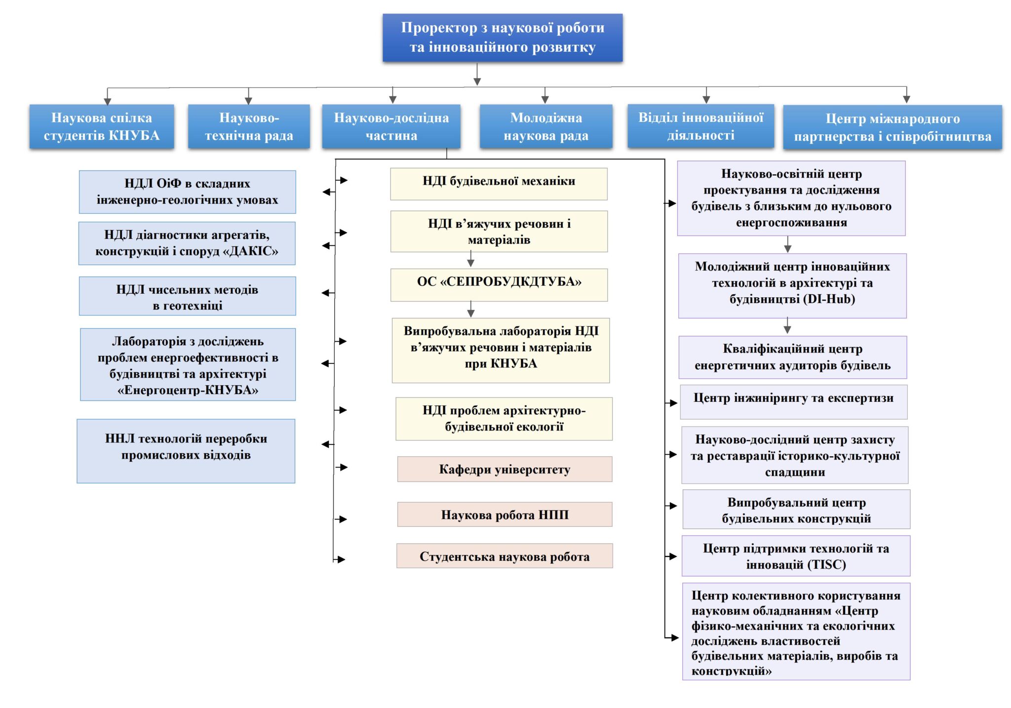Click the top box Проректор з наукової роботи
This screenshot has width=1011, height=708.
pos(502,38)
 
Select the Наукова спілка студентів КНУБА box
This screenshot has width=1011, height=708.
pos(102,126)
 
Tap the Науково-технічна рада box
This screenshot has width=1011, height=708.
pos(249,126)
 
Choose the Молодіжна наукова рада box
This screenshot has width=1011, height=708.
pos(546,126)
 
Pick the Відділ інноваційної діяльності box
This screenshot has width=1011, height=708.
pos(700,126)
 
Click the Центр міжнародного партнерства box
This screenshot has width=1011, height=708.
pos(893,127)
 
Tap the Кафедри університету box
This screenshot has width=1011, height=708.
pos(505,469)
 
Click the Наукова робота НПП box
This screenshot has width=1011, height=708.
pos(505,514)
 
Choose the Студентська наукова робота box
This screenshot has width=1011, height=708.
pos(505,556)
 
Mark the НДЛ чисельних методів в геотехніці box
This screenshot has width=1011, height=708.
pos(187,296)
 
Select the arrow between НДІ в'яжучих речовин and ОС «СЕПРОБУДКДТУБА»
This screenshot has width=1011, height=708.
pos(471,259)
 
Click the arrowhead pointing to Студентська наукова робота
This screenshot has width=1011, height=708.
pos(341,559)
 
